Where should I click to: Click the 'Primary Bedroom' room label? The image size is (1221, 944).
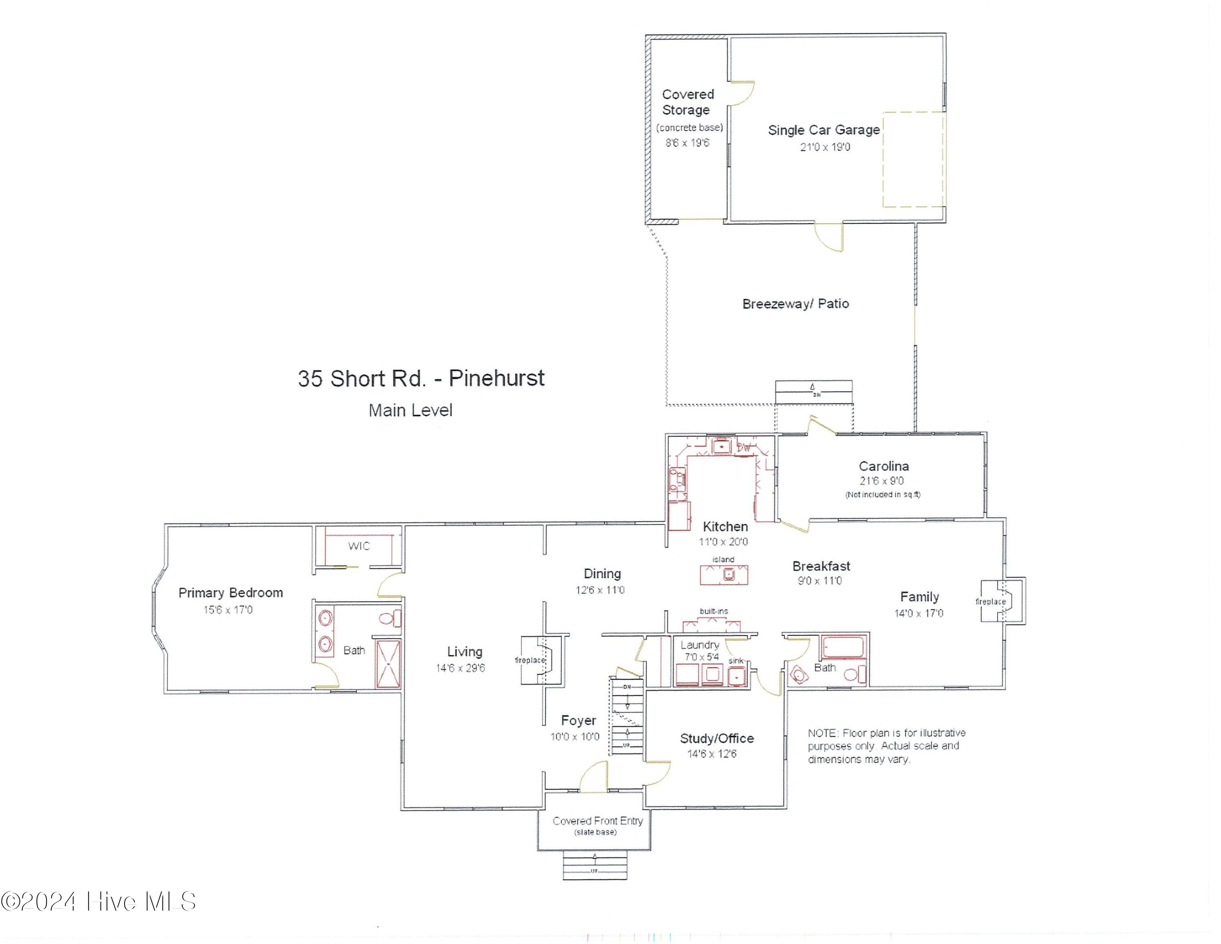(x=230, y=593)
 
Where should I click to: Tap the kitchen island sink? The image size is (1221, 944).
(x=729, y=574)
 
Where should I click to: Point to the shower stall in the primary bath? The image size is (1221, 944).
(x=387, y=664)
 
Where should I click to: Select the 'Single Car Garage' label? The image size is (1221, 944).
(x=823, y=130)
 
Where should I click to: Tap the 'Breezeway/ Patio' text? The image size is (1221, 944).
(x=795, y=304)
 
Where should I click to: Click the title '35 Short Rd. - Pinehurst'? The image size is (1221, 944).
(x=420, y=379)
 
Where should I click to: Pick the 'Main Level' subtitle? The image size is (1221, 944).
(x=410, y=411)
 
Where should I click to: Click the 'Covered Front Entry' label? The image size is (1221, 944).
(x=597, y=821)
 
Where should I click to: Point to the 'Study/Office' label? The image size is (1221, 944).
(x=716, y=738)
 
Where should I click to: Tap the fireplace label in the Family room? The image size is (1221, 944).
(x=990, y=602)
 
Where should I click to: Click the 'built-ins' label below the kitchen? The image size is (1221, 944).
(x=713, y=611)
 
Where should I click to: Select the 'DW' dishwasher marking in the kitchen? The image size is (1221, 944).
(x=744, y=448)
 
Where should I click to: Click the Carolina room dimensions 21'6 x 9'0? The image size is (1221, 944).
(x=881, y=481)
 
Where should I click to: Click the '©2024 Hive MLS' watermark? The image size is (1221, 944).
(x=98, y=902)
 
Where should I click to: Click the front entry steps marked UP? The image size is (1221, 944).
(x=594, y=865)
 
